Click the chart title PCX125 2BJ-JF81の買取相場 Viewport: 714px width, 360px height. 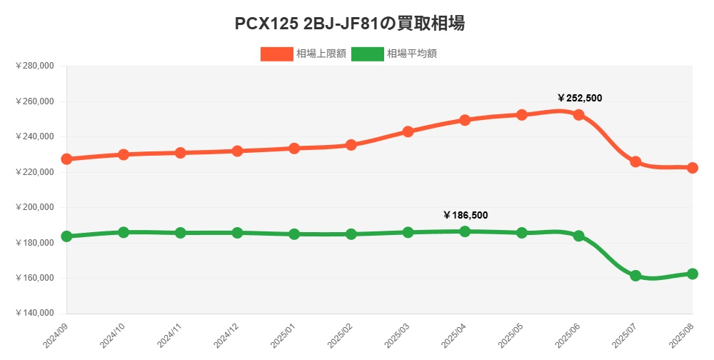350,24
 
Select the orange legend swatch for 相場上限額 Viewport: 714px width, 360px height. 276,54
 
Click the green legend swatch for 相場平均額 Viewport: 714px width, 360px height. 367,54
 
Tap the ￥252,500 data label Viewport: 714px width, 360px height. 580,98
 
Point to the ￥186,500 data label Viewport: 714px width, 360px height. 466,215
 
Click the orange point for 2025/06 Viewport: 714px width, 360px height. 579,115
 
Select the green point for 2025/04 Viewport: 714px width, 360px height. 465,231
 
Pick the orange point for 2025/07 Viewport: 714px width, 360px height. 635,162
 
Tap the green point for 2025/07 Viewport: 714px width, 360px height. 635,276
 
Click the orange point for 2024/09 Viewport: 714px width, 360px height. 66,159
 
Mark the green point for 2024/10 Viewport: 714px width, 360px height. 124,232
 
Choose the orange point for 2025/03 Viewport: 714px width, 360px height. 408,131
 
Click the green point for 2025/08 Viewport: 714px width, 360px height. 692,274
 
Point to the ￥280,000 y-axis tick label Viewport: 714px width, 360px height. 34,66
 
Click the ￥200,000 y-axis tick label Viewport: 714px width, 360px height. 34,207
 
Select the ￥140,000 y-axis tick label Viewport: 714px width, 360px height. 34,314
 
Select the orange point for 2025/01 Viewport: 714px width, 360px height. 294,149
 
